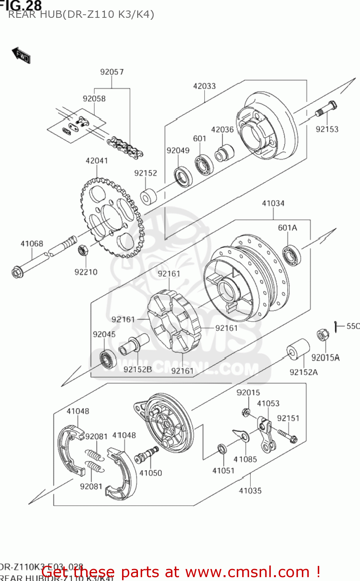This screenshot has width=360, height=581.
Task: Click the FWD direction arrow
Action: coord(21,55)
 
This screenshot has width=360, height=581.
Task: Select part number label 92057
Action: coord(112,72)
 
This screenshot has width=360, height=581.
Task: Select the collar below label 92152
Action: coord(148,197)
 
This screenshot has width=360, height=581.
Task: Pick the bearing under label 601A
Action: coord(292,255)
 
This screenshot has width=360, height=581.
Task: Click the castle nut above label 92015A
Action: coord(322,335)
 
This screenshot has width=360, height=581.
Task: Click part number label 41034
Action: coord(273,203)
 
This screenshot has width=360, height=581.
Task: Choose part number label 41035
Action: coord(250,491)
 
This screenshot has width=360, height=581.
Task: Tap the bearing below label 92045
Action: coord(108,359)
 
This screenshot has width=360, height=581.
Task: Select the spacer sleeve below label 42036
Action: coord(224,153)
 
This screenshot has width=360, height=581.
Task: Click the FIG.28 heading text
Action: coord(21,5)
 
